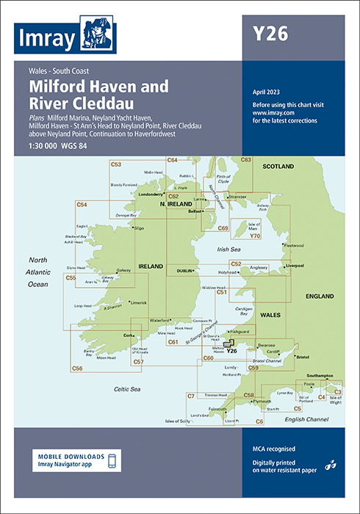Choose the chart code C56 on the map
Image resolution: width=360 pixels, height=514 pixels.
point(77,368)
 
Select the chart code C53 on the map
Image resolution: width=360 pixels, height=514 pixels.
point(115,164)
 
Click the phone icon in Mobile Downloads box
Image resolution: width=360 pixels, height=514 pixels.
point(111,460)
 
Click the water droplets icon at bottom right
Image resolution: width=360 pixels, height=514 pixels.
point(331,463)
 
